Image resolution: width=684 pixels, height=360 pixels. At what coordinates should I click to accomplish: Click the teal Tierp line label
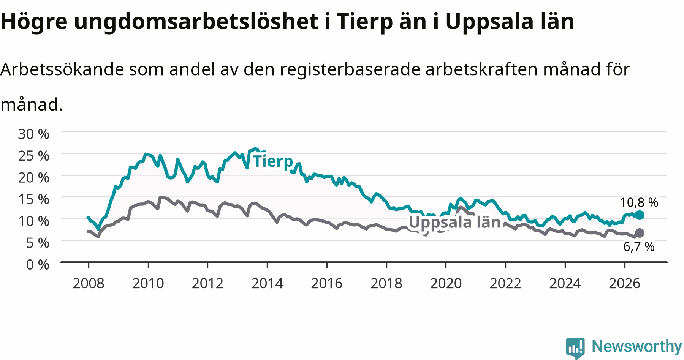[x=273, y=161]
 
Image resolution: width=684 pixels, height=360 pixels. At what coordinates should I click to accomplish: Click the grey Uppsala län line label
[x=454, y=222]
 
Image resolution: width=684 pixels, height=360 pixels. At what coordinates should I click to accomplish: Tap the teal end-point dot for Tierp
[x=640, y=215]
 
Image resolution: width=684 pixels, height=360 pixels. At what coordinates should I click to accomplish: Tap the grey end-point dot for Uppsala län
[x=640, y=233]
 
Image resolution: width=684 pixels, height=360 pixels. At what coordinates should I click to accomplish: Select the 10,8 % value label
[x=639, y=202]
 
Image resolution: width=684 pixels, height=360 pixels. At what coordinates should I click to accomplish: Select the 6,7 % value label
[x=639, y=247]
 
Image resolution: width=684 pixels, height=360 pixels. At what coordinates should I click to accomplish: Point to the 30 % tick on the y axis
[x=34, y=134]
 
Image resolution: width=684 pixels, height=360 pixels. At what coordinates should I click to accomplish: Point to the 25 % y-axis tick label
[x=34, y=156]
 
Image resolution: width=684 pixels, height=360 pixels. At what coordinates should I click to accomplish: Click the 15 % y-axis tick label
[x=34, y=199]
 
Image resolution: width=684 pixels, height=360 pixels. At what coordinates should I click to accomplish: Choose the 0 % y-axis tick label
[x=38, y=265]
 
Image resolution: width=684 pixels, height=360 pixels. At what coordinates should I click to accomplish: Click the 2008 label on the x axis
[x=88, y=283]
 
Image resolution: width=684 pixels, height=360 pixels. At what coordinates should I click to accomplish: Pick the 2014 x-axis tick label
[x=267, y=283]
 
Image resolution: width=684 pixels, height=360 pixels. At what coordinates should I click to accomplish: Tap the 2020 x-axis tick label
[x=446, y=283]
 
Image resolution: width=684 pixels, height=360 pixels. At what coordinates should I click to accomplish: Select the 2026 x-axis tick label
[x=625, y=283]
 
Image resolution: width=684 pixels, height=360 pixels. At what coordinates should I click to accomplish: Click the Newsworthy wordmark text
[x=637, y=347]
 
